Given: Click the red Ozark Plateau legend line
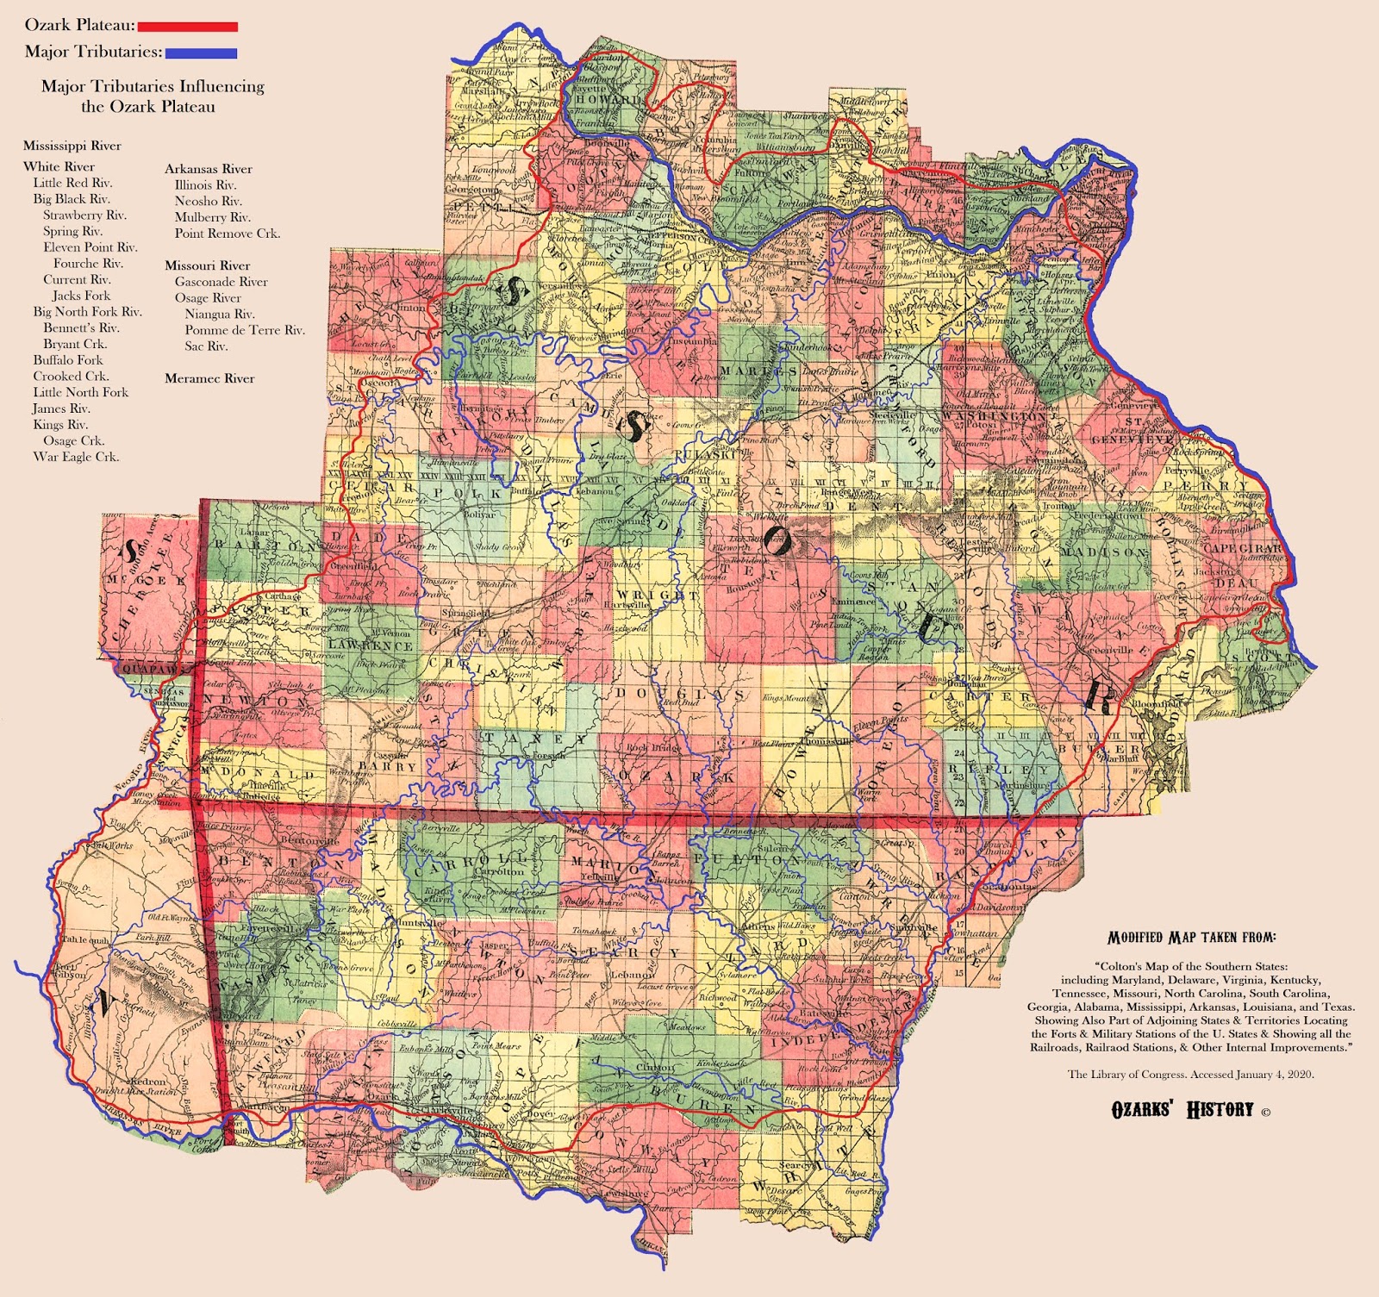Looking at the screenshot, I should click(x=187, y=27).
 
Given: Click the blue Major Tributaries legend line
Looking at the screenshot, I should click(x=200, y=53).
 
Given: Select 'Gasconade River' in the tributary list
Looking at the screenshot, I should click(x=221, y=282).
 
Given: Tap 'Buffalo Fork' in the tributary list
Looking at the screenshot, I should click(x=68, y=360).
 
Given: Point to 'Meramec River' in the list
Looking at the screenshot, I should click(x=209, y=378).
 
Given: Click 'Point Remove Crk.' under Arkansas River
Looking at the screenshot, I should click(x=227, y=234).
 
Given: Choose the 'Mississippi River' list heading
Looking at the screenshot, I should click(x=72, y=146).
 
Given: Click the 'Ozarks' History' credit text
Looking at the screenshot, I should click(x=1182, y=1109).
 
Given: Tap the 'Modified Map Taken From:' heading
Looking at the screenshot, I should click(x=1191, y=938).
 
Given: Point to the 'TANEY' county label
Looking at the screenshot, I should click(x=534, y=739).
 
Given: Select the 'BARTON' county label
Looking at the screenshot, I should click(x=265, y=546).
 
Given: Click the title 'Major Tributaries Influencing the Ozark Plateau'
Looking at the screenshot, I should click(x=153, y=96).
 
